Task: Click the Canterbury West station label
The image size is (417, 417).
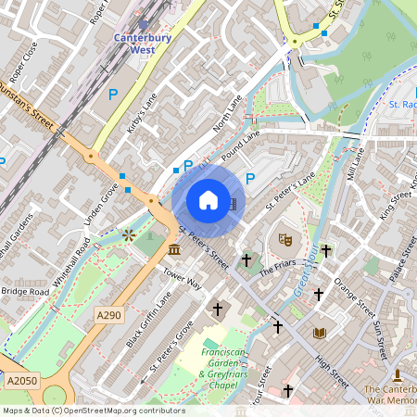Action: [144, 44]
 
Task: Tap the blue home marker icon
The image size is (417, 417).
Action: [208, 199]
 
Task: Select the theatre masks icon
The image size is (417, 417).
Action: [285, 240]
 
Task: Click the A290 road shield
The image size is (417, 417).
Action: [108, 316]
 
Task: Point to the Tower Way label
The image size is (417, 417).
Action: [182, 279]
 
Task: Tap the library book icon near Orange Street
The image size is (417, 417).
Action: [320, 333]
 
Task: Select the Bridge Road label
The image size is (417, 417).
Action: [25, 291]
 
